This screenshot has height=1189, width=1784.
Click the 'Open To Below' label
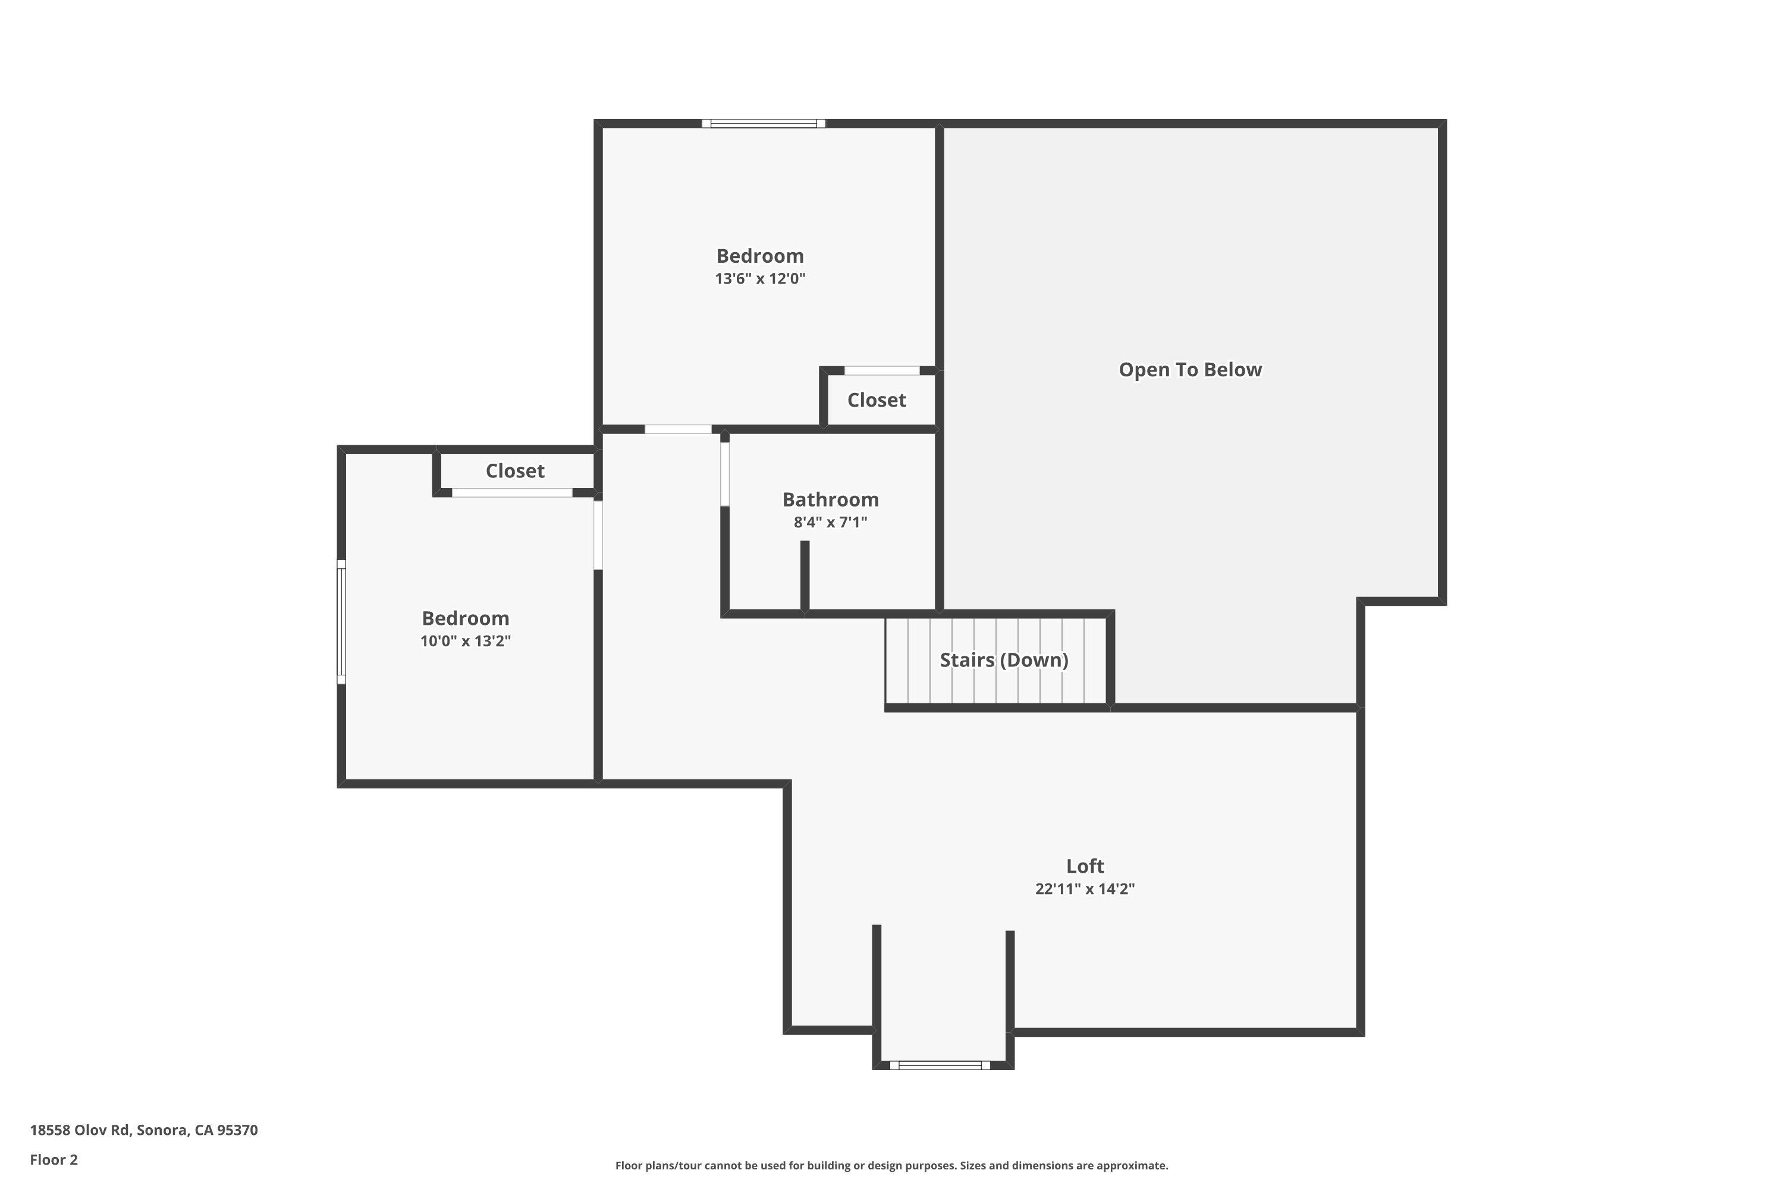(x=1189, y=370)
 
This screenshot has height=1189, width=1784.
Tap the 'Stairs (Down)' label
(x=1004, y=660)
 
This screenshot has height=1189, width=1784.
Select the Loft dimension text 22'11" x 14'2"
(x=1084, y=889)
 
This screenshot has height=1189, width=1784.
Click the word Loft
(x=1085, y=866)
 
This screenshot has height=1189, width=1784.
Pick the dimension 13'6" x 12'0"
(x=759, y=278)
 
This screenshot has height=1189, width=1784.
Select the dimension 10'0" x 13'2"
(x=465, y=641)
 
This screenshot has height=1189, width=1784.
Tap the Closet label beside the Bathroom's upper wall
(x=876, y=400)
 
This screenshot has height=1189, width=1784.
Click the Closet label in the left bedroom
(x=514, y=471)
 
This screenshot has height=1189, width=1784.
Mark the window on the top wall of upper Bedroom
(x=763, y=124)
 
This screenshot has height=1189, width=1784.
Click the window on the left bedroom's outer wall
(x=341, y=622)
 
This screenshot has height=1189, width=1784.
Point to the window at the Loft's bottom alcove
(x=939, y=1065)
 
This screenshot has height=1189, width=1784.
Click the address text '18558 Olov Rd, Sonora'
(x=143, y=1130)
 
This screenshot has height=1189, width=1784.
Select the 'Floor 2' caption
(x=54, y=1159)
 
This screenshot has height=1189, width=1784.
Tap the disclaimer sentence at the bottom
(x=891, y=1165)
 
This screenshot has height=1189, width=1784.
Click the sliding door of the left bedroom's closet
(x=512, y=493)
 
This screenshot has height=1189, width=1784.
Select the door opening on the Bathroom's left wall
(x=724, y=474)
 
